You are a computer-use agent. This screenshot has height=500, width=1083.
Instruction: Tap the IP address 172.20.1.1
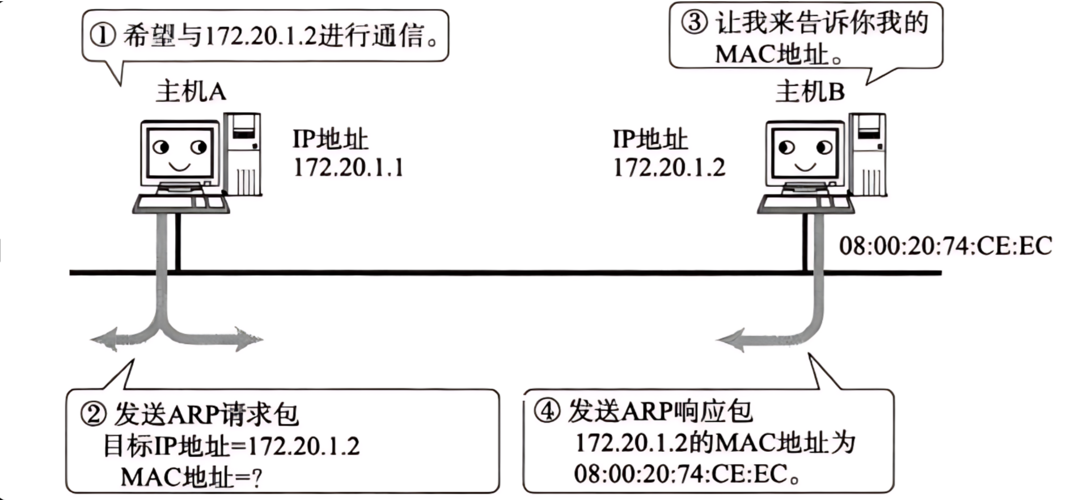point(348,168)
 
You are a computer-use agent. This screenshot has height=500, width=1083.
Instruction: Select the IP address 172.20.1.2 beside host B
point(669,168)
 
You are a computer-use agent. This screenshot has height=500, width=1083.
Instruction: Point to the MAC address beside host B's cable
point(945,246)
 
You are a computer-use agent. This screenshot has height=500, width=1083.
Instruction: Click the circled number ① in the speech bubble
point(103,35)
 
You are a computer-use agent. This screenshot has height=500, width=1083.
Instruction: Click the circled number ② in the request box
point(93,414)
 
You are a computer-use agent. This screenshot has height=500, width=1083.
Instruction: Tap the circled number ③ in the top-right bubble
point(694,23)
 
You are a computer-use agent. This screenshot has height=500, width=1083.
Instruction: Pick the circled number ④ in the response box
point(547,410)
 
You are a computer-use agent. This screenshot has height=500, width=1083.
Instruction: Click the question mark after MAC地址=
point(256,478)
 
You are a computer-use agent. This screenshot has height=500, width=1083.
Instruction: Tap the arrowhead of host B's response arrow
point(730,340)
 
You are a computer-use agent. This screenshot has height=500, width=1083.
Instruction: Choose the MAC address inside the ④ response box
point(680,474)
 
